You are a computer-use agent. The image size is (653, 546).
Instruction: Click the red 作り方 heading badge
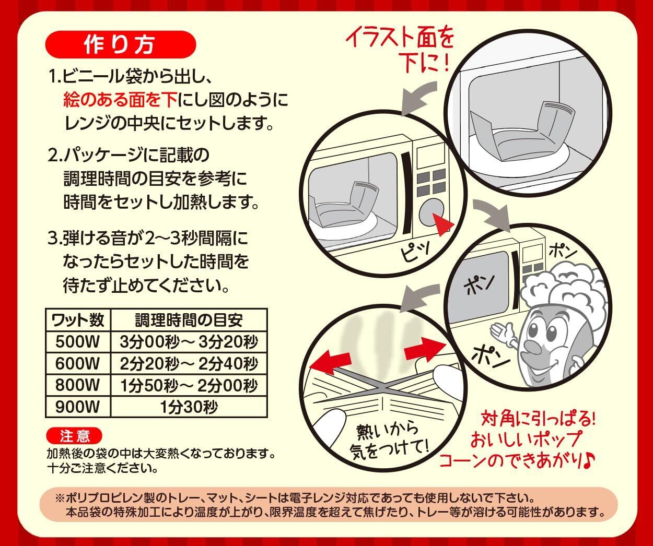(x=121, y=45)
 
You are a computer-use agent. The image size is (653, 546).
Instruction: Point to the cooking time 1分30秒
(x=189, y=407)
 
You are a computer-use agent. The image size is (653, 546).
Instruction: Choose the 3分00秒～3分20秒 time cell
(x=189, y=342)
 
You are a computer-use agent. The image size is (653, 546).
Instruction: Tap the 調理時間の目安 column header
(x=189, y=320)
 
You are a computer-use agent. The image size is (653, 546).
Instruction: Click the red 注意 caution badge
(x=74, y=436)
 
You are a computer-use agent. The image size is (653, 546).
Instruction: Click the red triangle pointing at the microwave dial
(x=442, y=224)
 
